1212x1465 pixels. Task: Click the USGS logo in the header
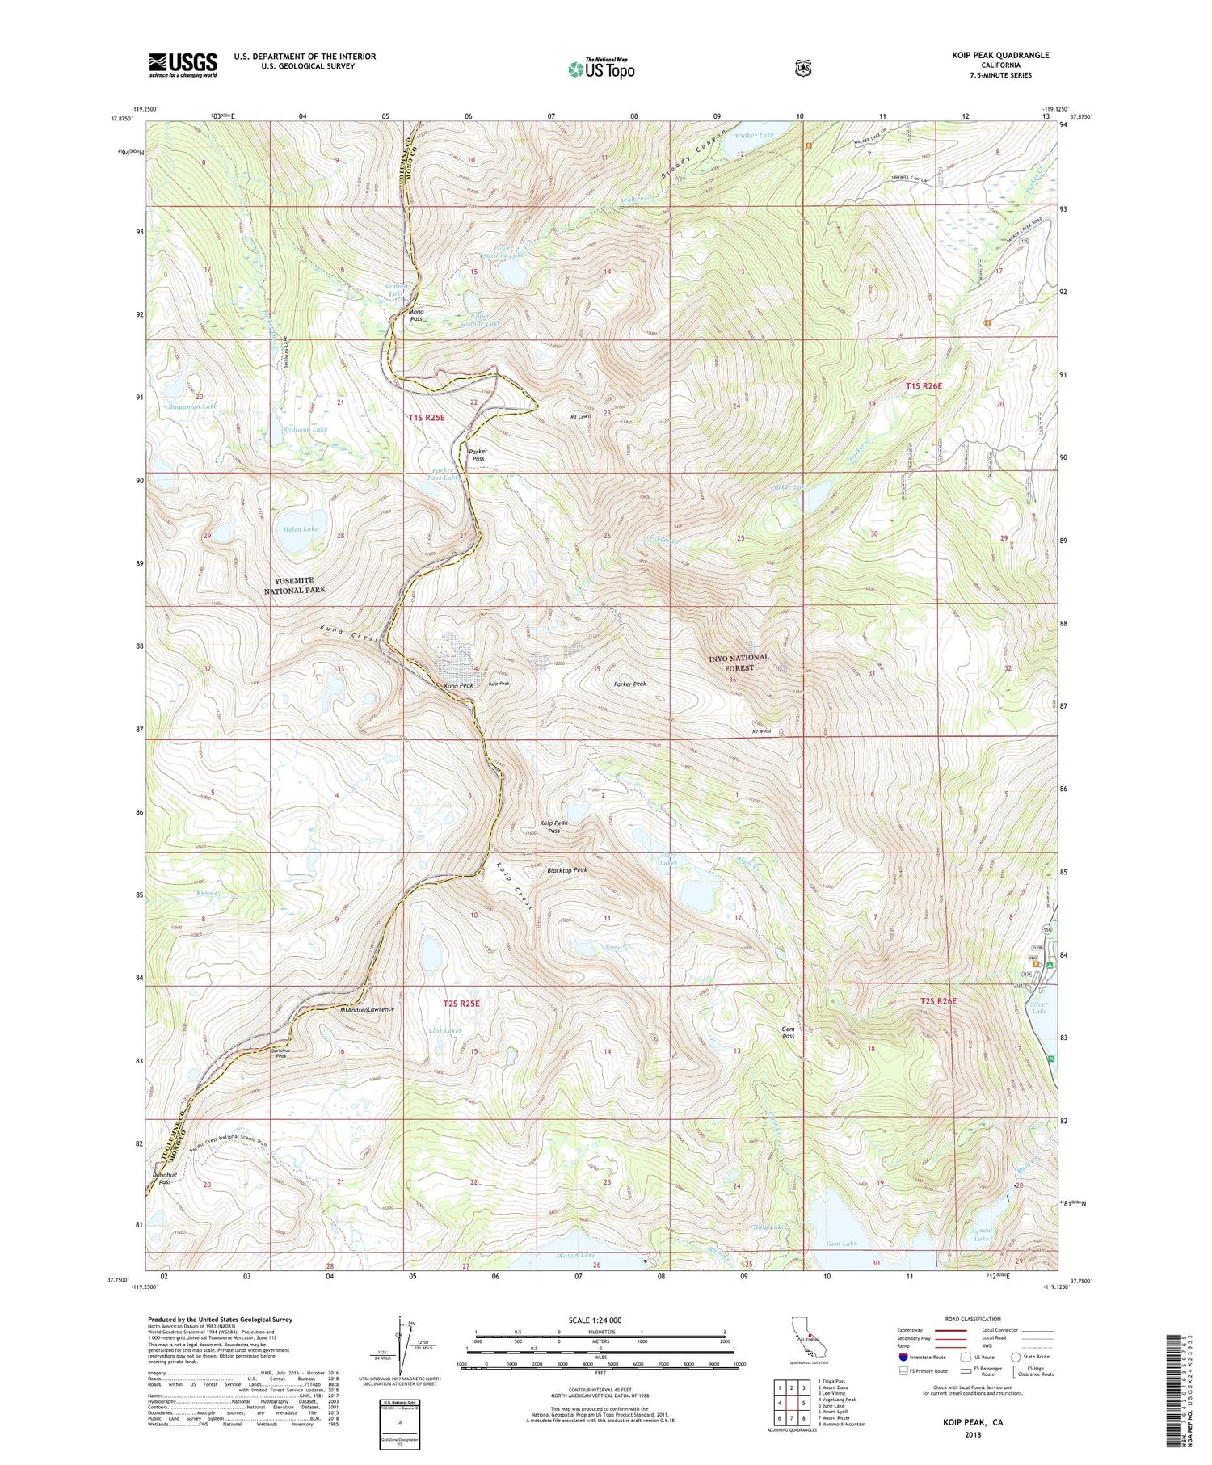coord(183,64)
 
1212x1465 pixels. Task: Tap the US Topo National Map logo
coord(601,68)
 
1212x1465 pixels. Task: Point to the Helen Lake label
coord(300,529)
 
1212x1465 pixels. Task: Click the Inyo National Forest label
coord(739,663)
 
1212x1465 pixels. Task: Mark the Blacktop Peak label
coord(566,870)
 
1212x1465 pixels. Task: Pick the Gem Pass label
coord(788,1033)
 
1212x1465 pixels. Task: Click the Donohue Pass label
coord(164,1177)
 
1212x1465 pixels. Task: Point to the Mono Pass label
coord(416,314)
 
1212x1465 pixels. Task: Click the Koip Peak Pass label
coord(553,826)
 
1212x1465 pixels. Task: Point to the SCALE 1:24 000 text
coord(600,1320)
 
